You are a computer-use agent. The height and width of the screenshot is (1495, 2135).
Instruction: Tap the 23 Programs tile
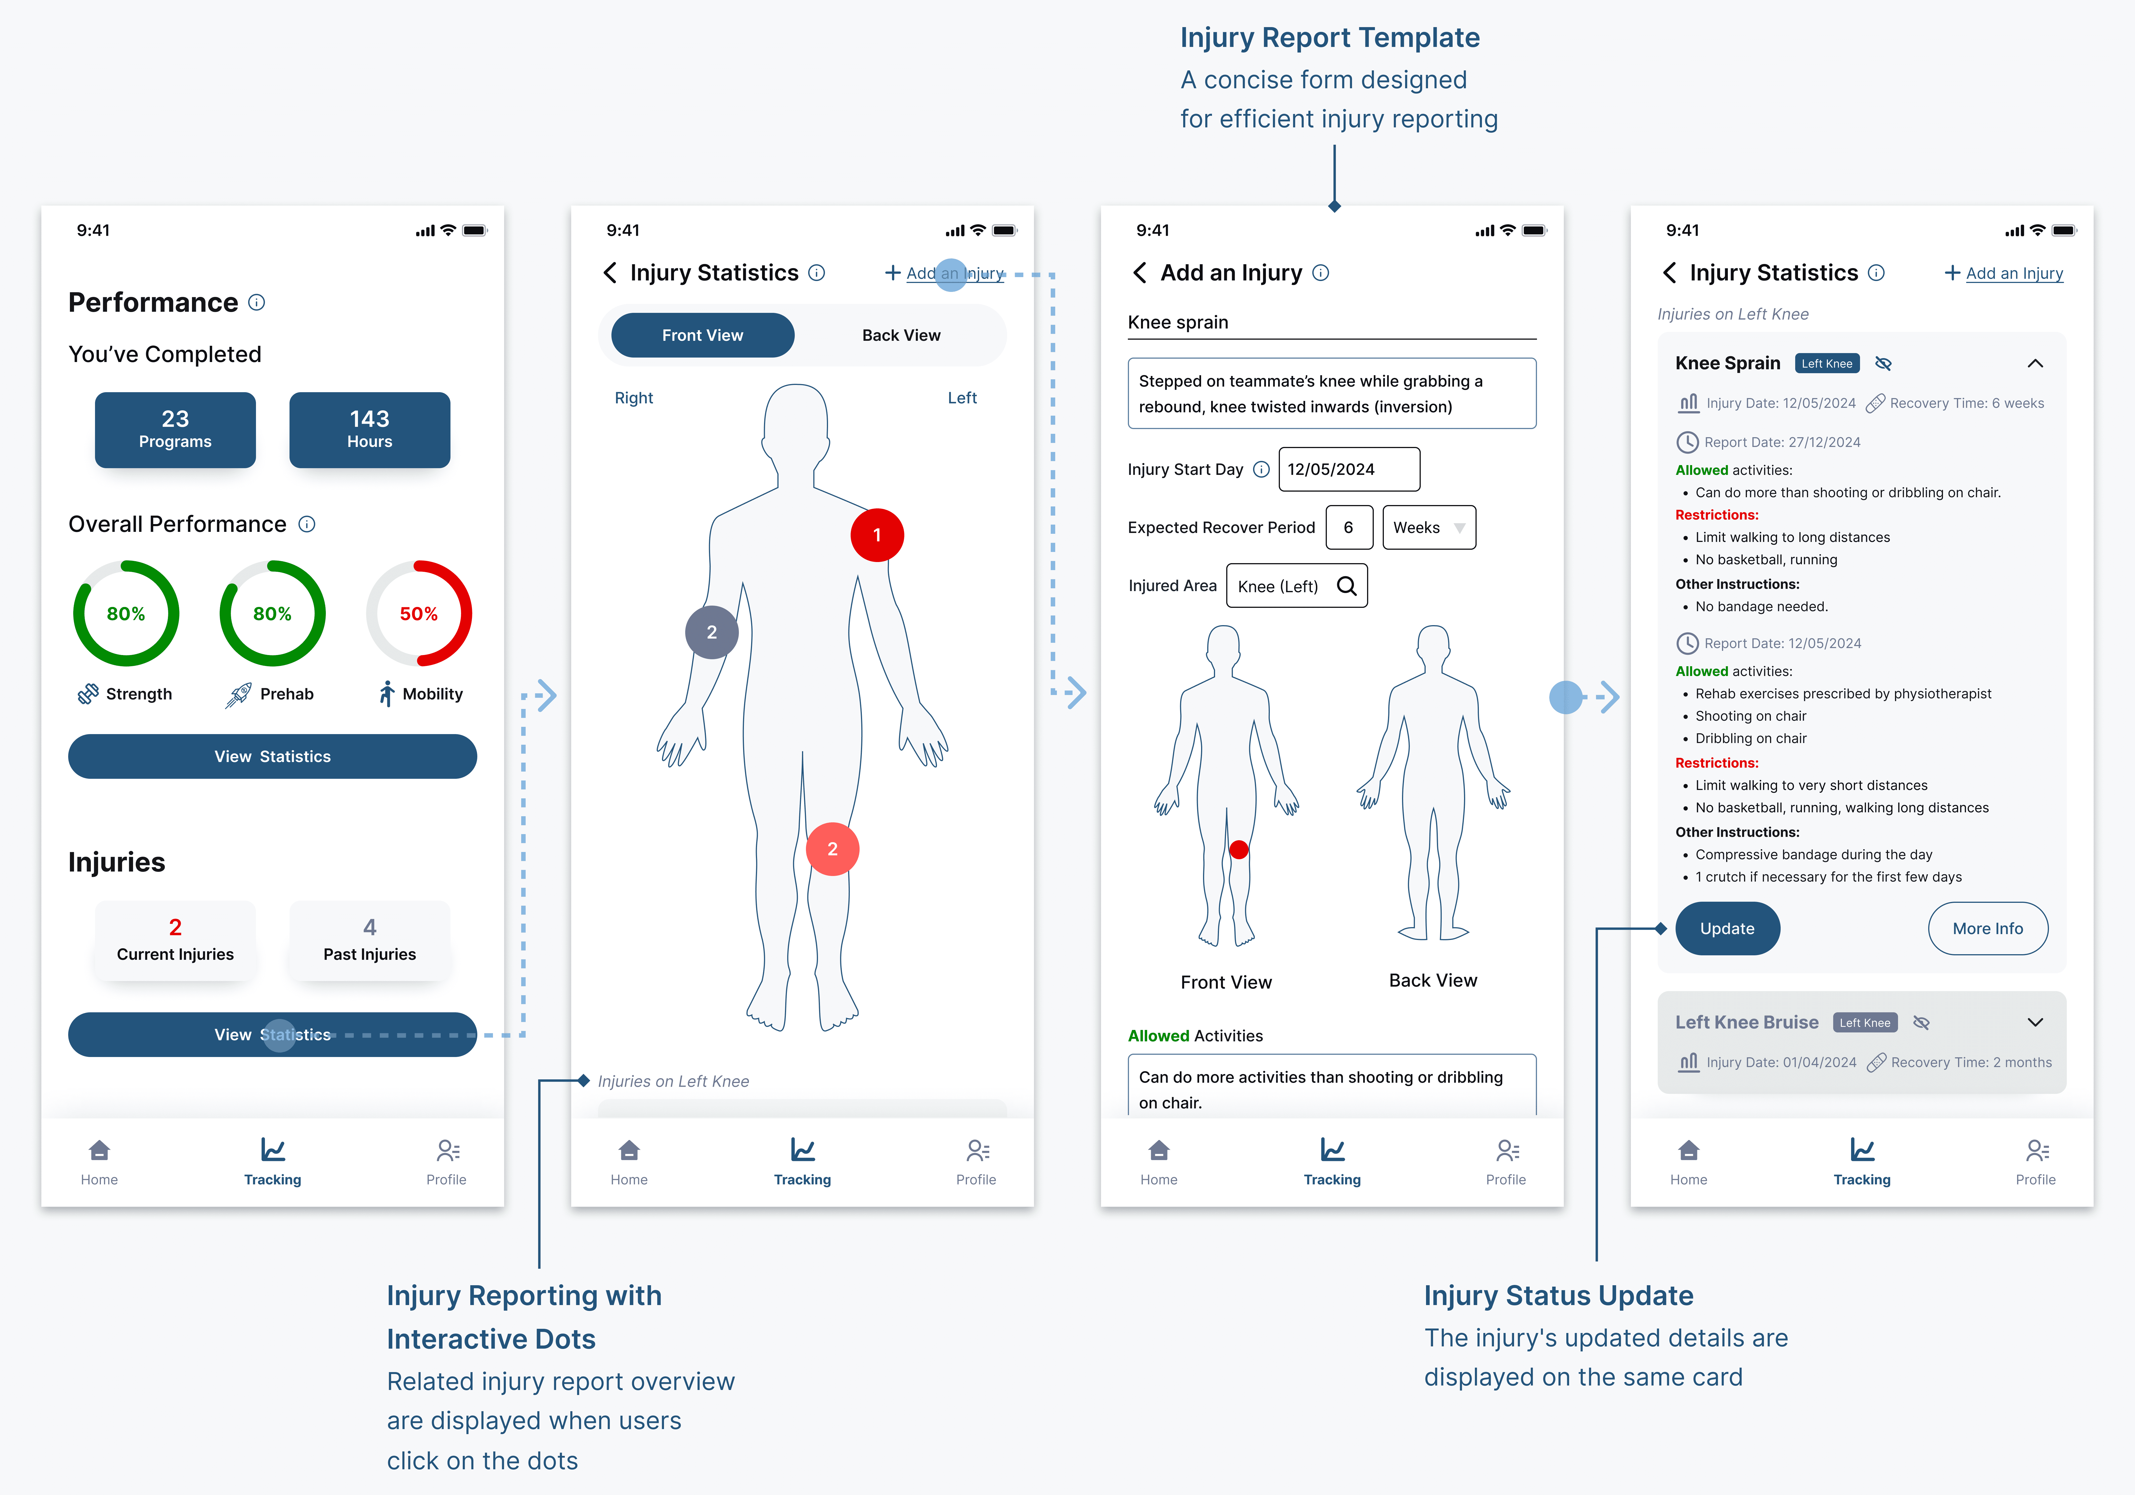pos(175,430)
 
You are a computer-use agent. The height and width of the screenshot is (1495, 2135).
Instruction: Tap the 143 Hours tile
pos(369,430)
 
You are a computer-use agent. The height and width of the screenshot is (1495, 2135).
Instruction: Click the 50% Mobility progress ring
pos(418,614)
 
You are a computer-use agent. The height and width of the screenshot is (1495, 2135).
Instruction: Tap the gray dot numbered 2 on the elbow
pos(711,632)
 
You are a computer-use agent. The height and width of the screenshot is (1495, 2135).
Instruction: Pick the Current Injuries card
pos(175,940)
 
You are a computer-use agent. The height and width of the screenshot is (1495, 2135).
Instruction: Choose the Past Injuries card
pos(369,940)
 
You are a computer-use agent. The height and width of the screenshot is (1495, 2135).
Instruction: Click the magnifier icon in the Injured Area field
pos(1346,586)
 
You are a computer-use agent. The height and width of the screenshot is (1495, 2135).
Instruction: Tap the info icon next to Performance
pos(257,302)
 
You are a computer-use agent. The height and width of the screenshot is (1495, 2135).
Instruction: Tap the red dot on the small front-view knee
pos(1239,849)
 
